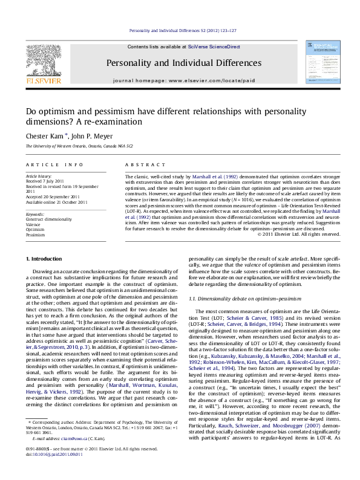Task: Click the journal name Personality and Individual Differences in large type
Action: coord(175,63)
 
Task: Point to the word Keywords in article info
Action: coord(36,215)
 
